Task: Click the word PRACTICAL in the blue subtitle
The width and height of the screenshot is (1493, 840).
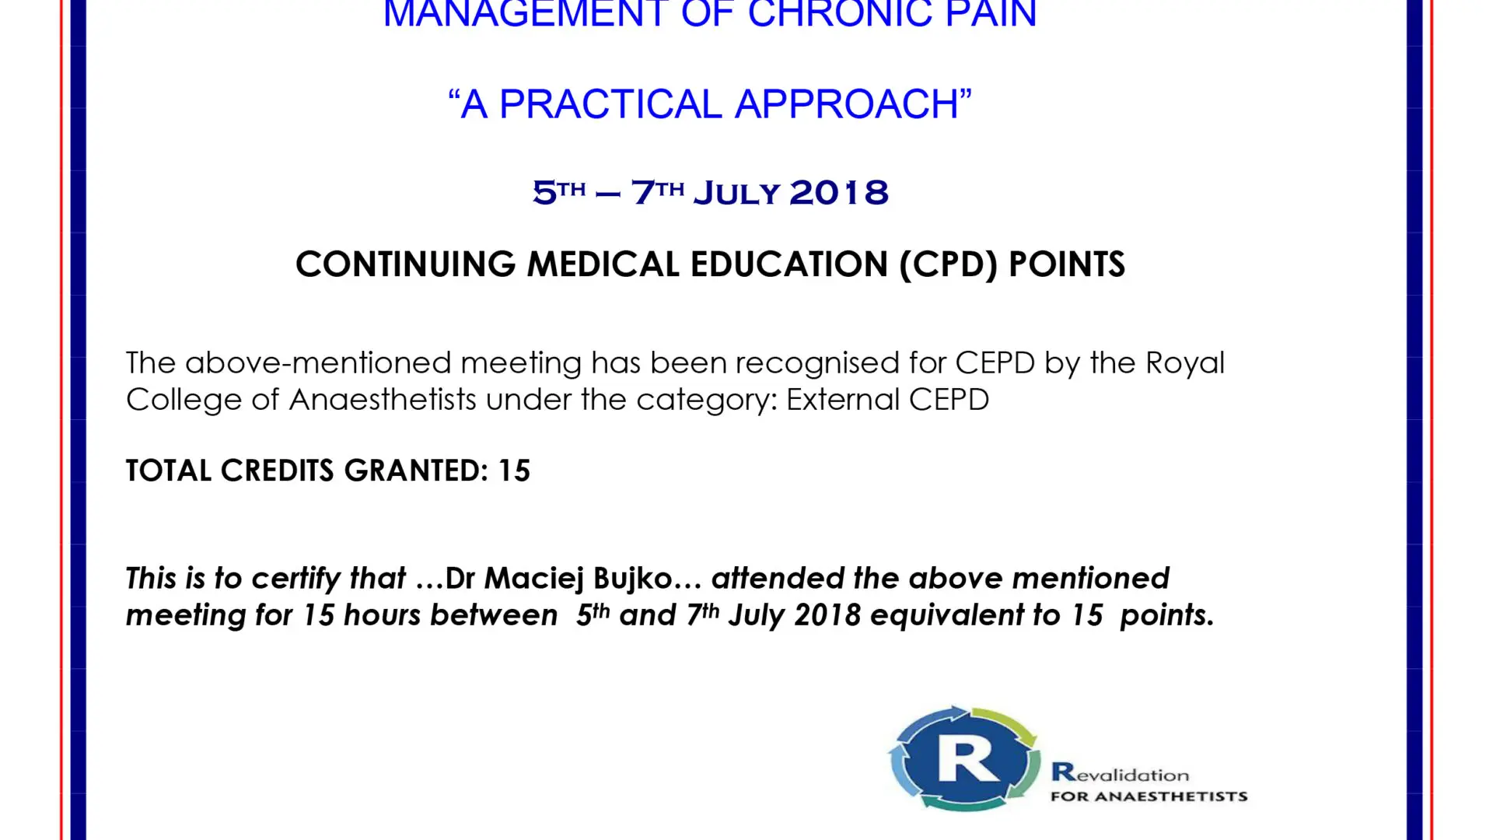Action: pyautogui.click(x=610, y=104)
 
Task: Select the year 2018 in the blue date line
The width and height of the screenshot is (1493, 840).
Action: pyautogui.click(x=839, y=192)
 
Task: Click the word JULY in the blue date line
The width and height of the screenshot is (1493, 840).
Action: pyautogui.click(x=736, y=192)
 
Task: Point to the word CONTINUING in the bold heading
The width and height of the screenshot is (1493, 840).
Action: pyautogui.click(x=405, y=264)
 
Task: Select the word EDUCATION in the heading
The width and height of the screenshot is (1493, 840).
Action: pyautogui.click(x=789, y=264)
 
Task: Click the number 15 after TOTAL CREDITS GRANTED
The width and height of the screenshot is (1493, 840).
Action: pyautogui.click(x=514, y=471)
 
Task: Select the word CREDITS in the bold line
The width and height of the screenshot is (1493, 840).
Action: pyautogui.click(x=277, y=471)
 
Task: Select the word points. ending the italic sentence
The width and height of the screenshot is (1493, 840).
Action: pyautogui.click(x=1166, y=615)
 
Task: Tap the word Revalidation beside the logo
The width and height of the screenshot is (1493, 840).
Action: pyautogui.click(x=1120, y=773)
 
